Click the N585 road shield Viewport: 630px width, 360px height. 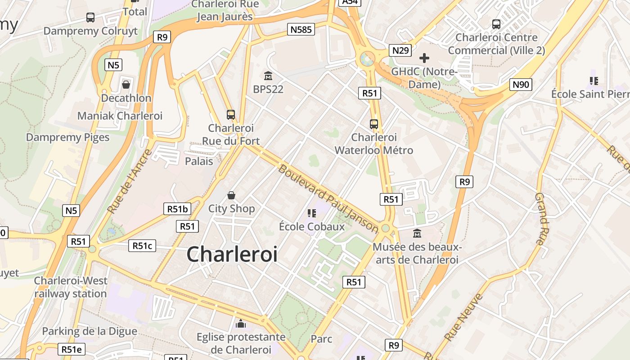[301, 30]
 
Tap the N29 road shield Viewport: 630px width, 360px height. [400, 50]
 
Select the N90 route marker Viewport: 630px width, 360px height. [521, 85]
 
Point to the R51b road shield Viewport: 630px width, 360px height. [177, 209]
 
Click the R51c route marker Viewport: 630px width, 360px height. [142, 246]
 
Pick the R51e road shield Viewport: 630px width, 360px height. [72, 350]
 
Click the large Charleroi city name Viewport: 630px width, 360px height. [232, 254]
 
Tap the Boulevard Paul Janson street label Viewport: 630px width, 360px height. [328, 198]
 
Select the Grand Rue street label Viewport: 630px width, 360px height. [540, 218]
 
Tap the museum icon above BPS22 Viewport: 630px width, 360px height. [268, 76]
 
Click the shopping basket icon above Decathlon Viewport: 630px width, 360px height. [126, 84]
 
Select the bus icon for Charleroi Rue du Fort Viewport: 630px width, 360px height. [231, 115]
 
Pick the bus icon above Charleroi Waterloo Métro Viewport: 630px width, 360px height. [373, 124]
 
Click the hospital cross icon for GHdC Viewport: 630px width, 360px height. [424, 58]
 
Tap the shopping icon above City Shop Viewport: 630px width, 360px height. [231, 195]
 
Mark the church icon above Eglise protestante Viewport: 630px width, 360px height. [241, 324]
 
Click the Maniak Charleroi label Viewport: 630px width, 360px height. [120, 116]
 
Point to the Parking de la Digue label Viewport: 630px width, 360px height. [90, 331]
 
